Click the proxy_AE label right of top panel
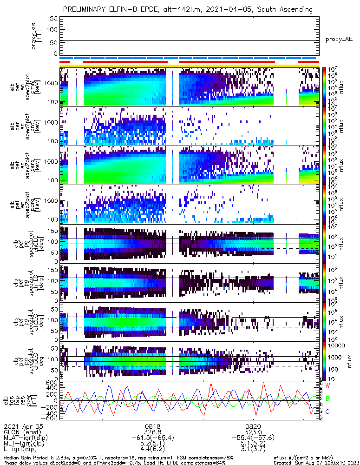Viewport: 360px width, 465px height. pyautogui.click(x=339, y=40)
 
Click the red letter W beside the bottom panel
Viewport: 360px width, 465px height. pyautogui.click(x=327, y=386)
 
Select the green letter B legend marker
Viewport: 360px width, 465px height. pyautogui.click(x=327, y=399)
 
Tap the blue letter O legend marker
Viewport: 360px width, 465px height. pyautogui.click(x=327, y=412)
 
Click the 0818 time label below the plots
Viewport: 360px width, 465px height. pyautogui.click(x=153, y=426)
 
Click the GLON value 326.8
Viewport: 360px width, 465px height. pyautogui.click(x=153, y=432)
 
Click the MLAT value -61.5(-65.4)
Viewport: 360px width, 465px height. pyautogui.click(x=153, y=438)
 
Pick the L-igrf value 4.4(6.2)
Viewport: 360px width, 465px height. pyautogui.click(x=153, y=450)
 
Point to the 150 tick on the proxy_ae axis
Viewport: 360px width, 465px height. pyautogui.click(x=52, y=19)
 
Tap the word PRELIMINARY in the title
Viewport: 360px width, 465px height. pyautogui.click(x=86, y=9)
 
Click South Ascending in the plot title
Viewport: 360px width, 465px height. pyautogui.click(x=287, y=9)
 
